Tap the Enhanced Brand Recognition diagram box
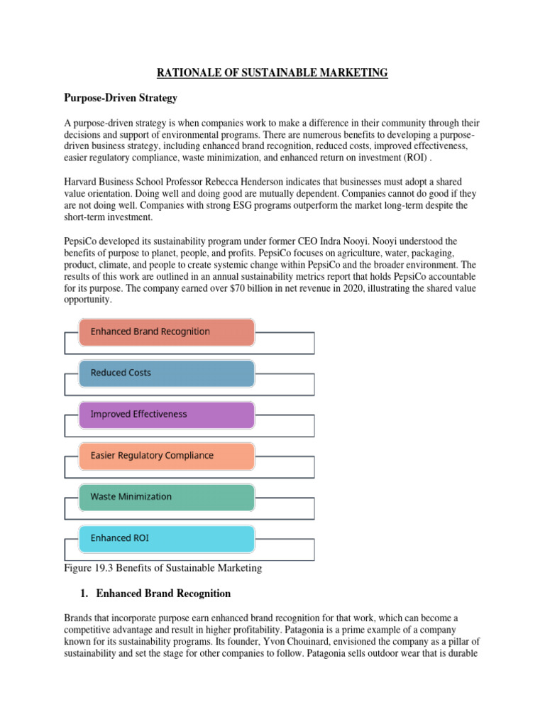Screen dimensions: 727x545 [166, 332]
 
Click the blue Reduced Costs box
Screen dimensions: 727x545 [166, 373]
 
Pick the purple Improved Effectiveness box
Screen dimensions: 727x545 [166, 414]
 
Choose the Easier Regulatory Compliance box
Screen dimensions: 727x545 [166, 455]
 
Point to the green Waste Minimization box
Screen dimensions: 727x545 [166, 497]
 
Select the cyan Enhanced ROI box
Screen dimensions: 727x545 [166, 538]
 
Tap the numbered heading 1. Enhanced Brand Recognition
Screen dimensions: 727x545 [156, 593]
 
